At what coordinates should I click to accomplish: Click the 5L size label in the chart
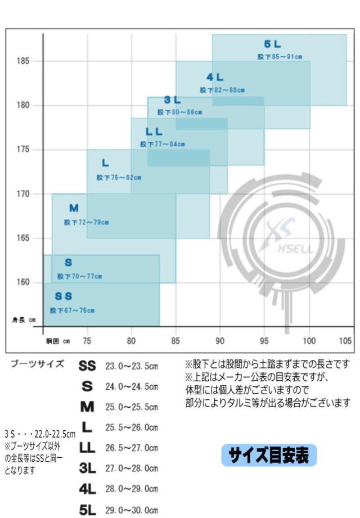tap(272, 44)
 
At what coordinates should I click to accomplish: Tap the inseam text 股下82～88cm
tap(222, 90)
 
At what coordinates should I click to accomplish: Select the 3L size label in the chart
tap(172, 100)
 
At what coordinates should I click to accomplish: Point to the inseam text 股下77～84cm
tap(163, 145)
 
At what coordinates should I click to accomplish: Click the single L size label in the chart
tap(105, 163)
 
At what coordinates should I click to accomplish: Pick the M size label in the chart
tap(74, 209)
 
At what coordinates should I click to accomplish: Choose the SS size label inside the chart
tap(64, 296)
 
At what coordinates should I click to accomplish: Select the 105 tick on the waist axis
tap(345, 341)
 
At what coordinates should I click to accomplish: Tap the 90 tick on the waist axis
tap(220, 341)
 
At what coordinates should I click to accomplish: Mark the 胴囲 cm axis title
tap(58, 341)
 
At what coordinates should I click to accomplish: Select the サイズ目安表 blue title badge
tap(269, 454)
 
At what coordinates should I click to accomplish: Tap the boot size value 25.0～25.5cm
tap(132, 407)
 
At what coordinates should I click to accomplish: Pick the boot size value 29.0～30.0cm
tap(132, 510)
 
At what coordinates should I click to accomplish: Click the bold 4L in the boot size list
tap(87, 489)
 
